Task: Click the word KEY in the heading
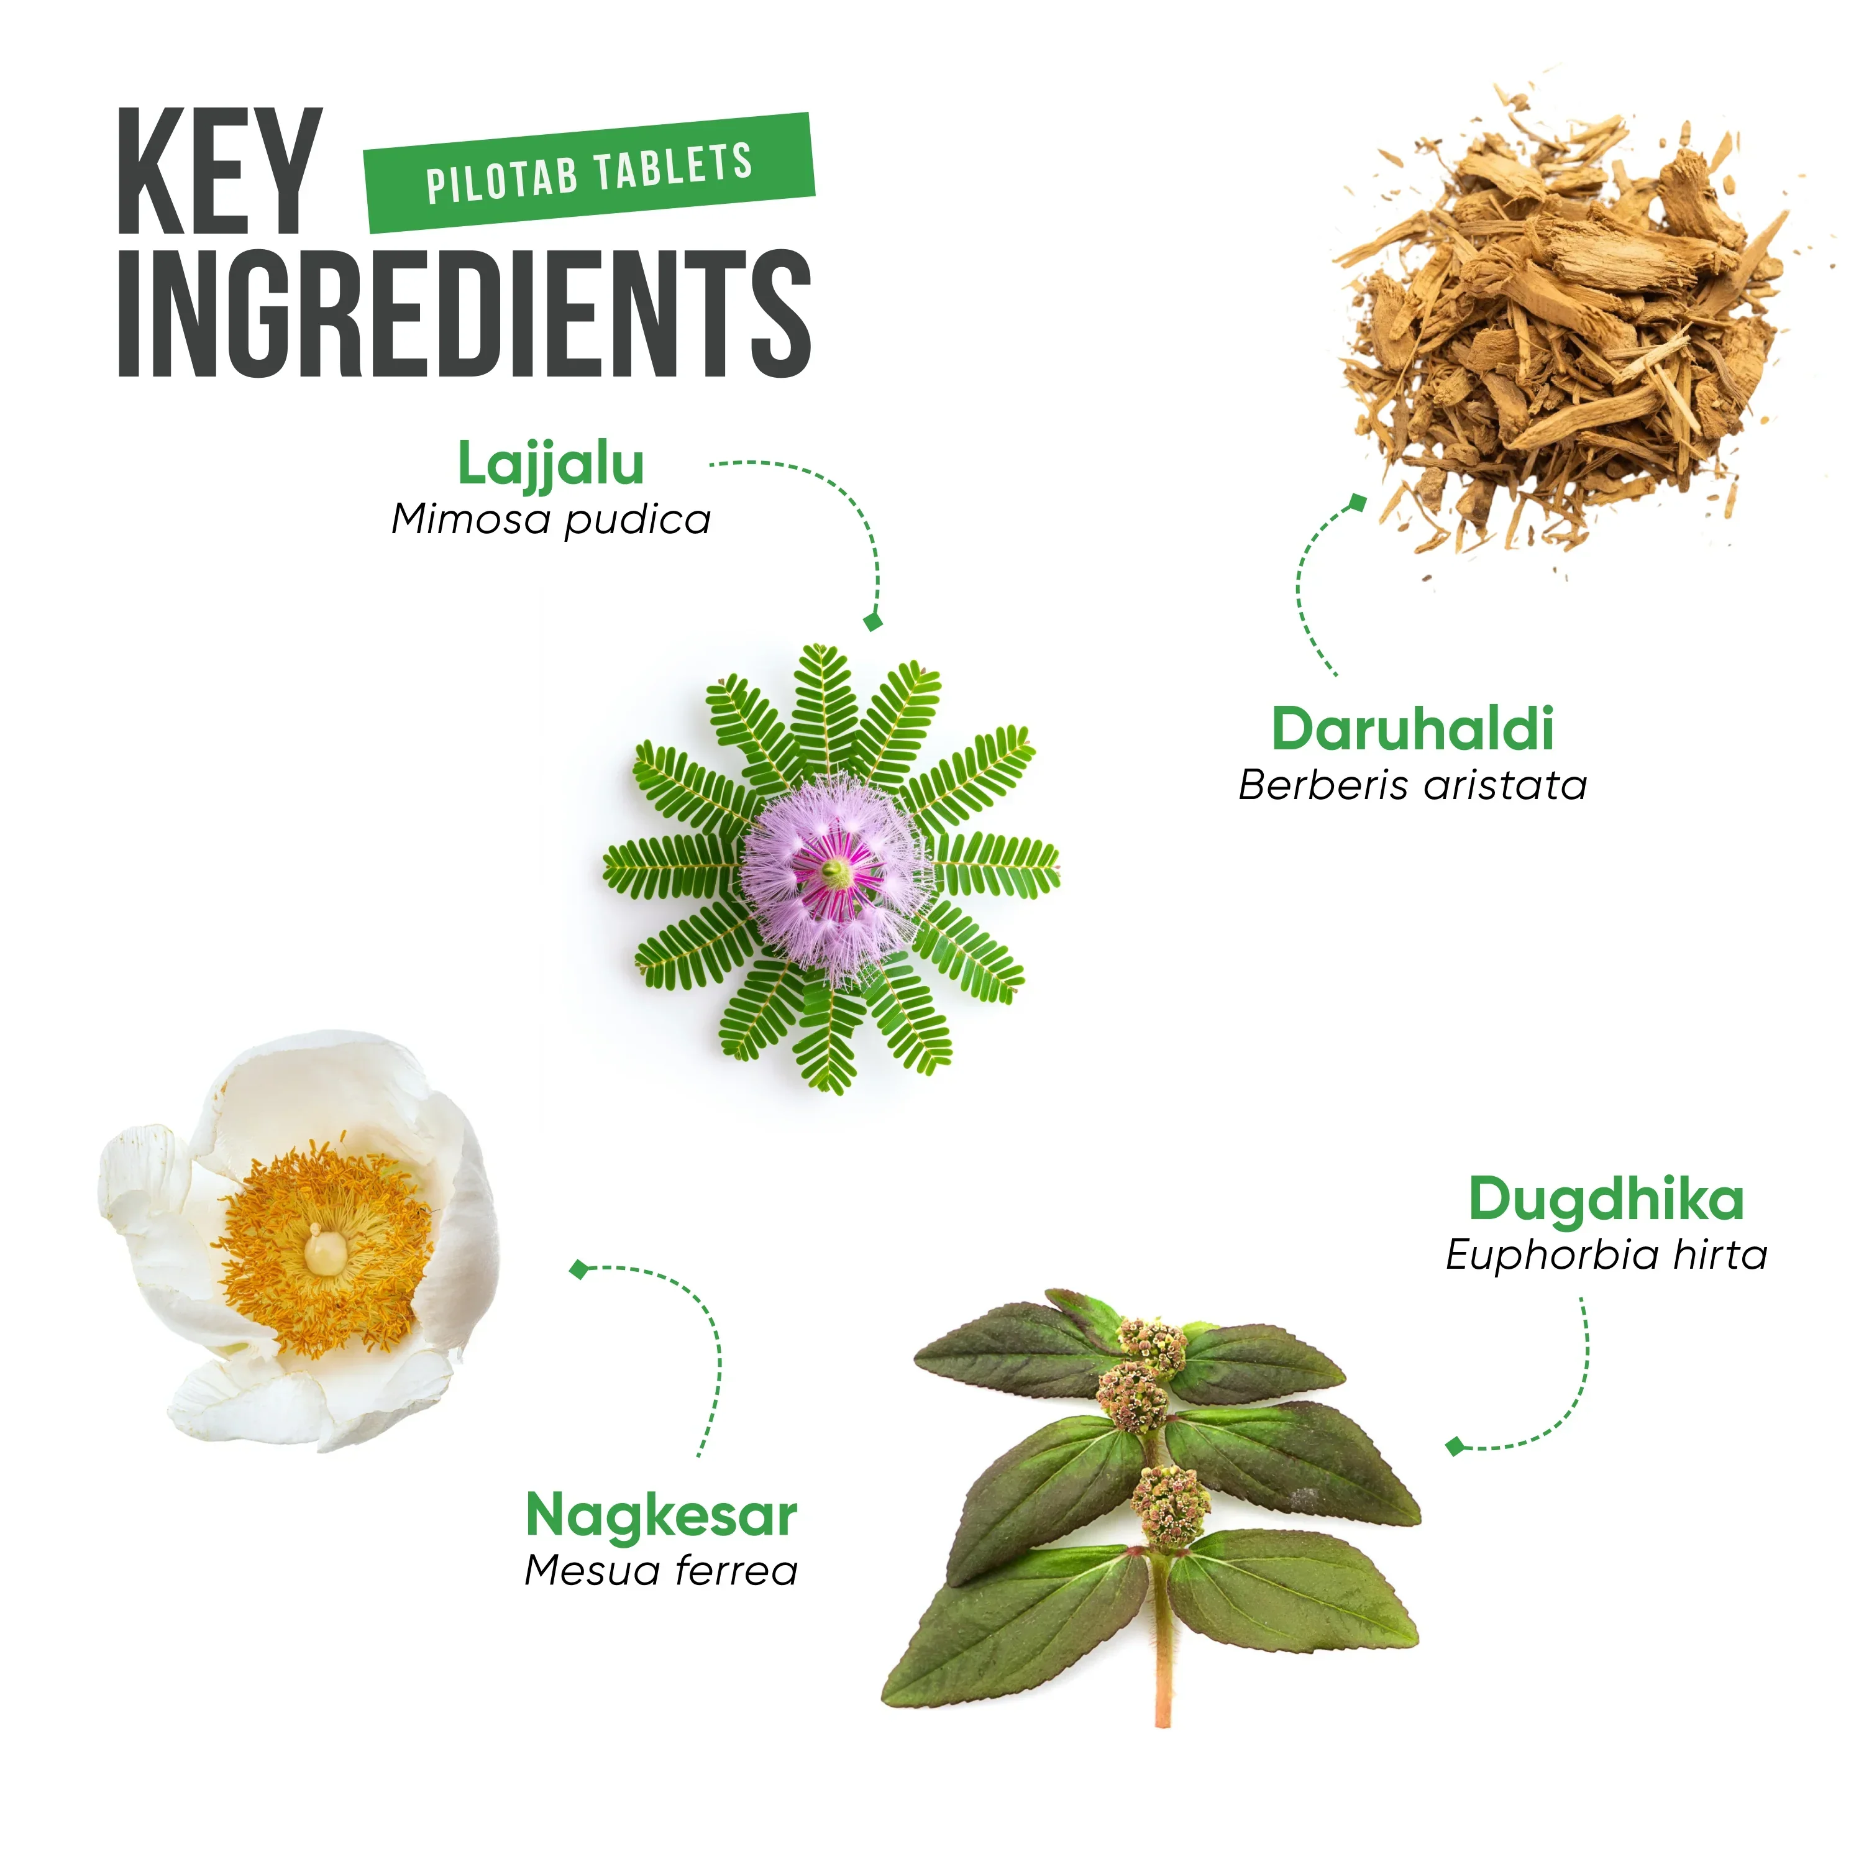(219, 171)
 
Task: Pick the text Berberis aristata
(1412, 785)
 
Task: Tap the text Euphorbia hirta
(1606, 1255)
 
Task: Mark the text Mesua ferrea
(661, 1571)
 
